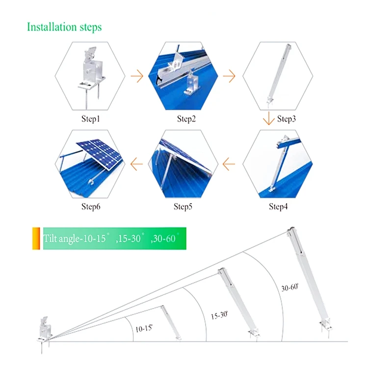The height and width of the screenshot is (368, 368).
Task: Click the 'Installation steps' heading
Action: (x=64, y=26)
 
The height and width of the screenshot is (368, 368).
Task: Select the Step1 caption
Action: (x=91, y=119)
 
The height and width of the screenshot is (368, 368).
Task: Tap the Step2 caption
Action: (x=186, y=119)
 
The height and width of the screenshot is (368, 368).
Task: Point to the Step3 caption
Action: (x=287, y=119)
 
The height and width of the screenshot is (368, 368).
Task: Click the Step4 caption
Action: (x=278, y=206)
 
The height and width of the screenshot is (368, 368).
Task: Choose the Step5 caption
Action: (x=183, y=206)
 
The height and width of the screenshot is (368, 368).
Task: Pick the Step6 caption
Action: (x=91, y=206)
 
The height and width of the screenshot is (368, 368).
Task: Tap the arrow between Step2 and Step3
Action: (x=230, y=77)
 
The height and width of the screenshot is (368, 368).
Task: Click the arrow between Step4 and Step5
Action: (x=230, y=162)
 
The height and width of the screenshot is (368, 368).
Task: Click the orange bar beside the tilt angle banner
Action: (x=36, y=238)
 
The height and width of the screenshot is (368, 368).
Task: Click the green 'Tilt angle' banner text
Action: (x=111, y=239)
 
